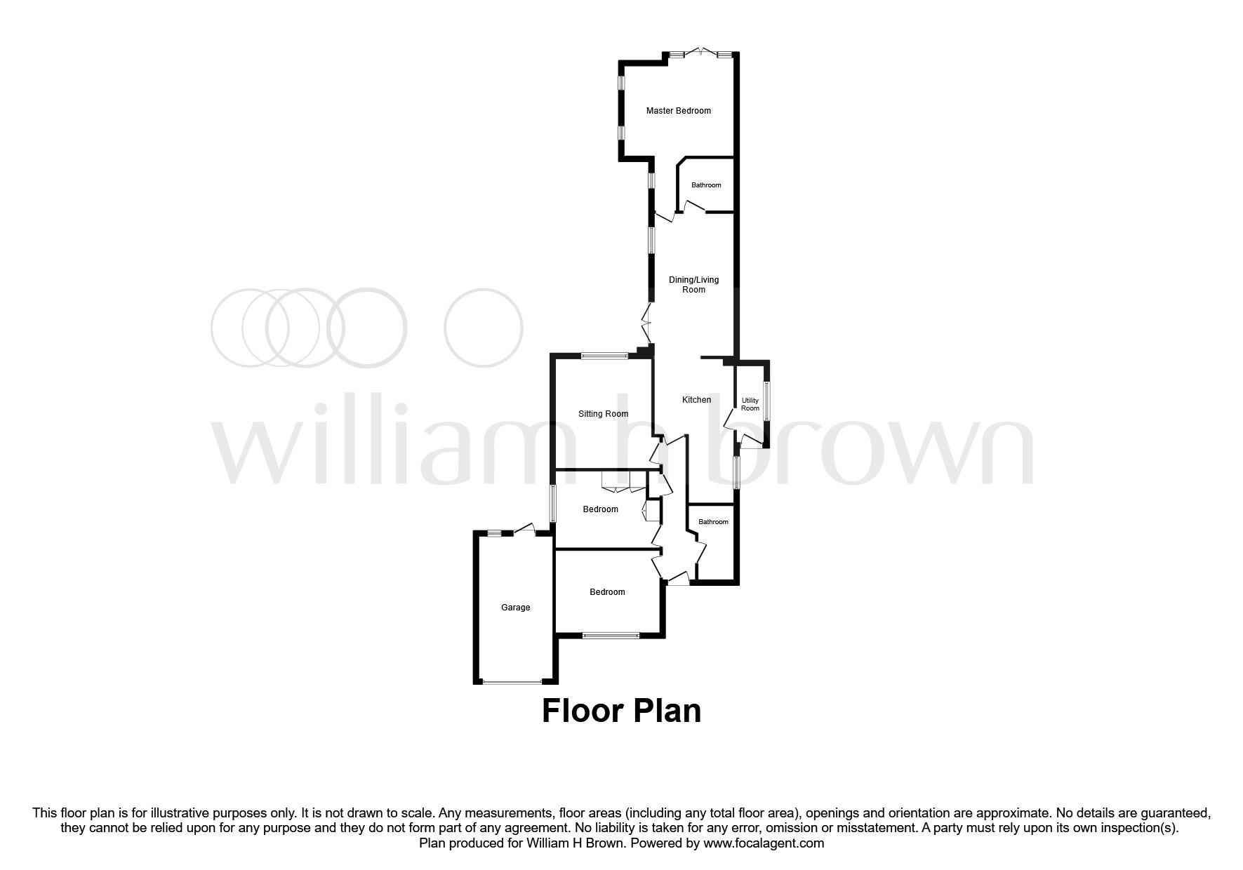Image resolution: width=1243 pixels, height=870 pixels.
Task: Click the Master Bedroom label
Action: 678,111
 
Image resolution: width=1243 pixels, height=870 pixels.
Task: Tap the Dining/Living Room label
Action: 693,285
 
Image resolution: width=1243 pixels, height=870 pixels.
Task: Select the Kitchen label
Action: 696,400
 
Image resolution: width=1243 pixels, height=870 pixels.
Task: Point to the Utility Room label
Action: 750,405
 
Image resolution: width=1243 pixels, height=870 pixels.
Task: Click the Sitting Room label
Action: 603,414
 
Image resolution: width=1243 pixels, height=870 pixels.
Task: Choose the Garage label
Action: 515,608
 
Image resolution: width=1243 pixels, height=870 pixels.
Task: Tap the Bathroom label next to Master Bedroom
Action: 706,185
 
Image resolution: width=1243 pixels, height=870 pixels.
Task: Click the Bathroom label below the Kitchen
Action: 713,522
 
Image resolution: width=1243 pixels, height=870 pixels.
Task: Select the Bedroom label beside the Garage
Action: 607,592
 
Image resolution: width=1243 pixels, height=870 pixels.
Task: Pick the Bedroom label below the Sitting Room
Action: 600,509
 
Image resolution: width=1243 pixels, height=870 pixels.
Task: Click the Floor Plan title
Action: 621,711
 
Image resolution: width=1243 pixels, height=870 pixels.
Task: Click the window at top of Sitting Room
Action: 604,356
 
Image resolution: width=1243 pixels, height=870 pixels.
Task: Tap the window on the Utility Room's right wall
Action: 766,401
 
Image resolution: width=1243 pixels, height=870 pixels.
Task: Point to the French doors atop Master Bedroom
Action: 700,53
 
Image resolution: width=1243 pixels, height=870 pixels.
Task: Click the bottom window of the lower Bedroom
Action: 611,636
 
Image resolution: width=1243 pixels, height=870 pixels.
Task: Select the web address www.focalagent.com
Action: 764,843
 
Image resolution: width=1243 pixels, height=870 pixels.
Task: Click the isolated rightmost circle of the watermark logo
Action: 484,328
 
